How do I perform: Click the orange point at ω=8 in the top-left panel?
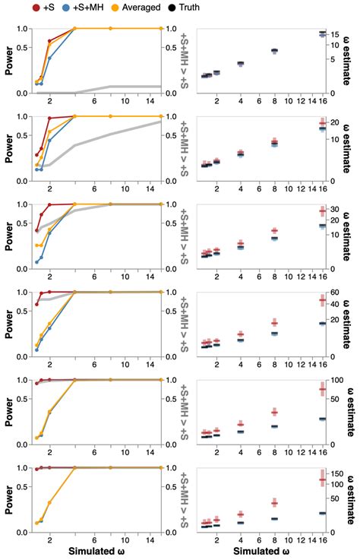tap(111, 28)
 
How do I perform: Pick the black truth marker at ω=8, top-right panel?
tap(274, 50)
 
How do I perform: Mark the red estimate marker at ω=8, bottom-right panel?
tap(274, 503)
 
